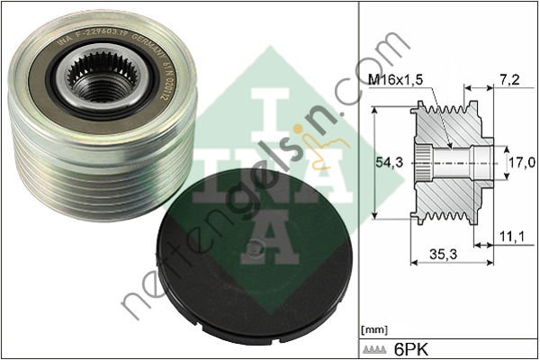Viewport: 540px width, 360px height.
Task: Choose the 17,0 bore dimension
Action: pos(521,162)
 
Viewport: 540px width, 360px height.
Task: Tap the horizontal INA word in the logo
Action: pos(270,175)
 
